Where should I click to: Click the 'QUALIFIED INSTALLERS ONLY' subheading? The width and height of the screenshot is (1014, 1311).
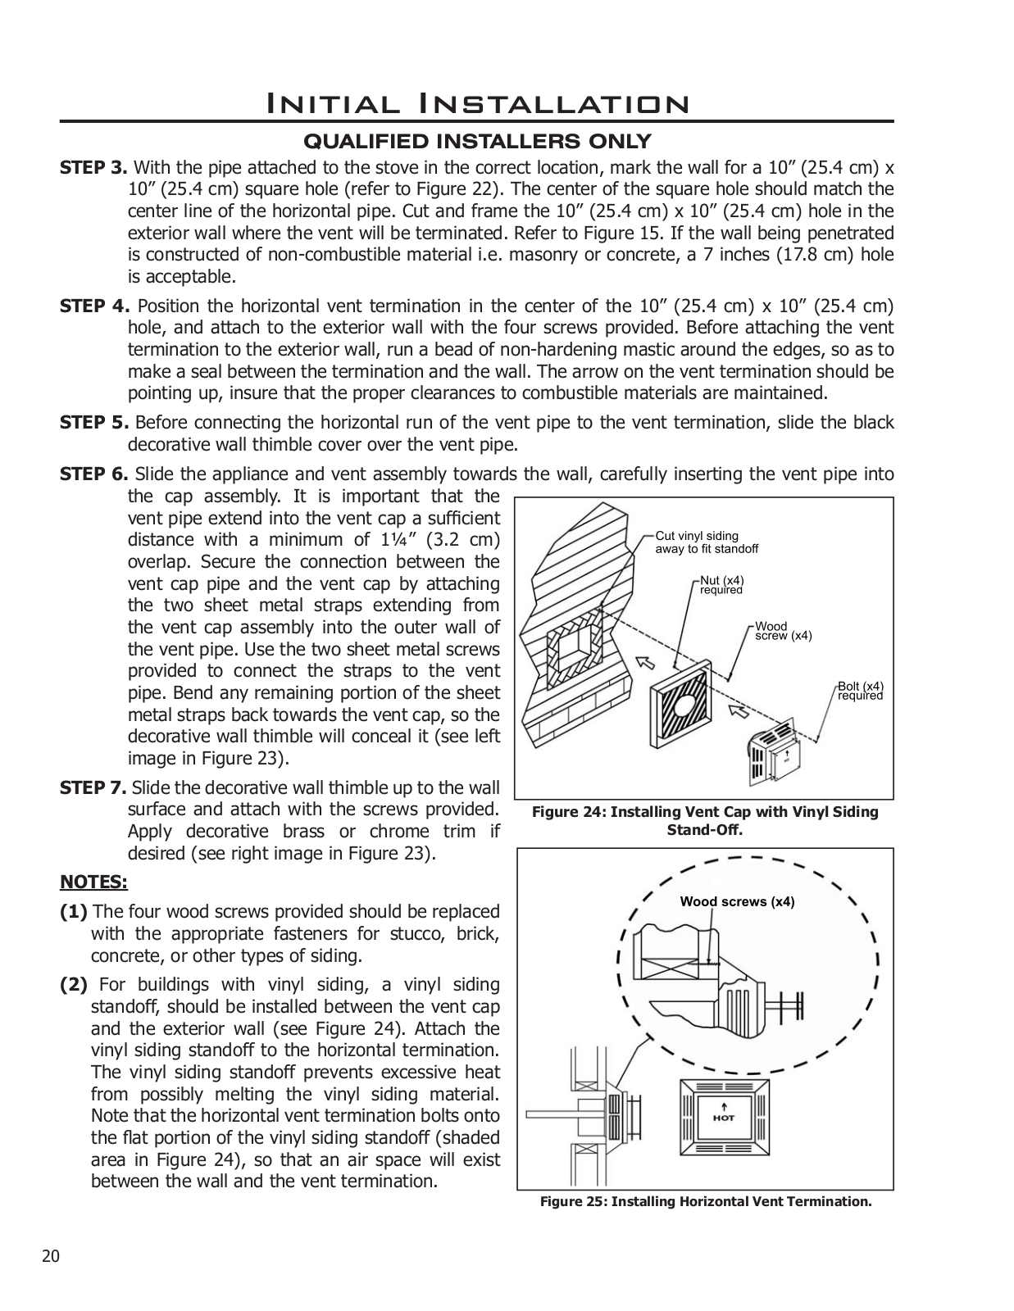[x=477, y=142]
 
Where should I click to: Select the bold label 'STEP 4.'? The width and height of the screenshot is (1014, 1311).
[x=94, y=306]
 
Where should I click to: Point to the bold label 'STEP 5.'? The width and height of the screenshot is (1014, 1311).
[x=94, y=423]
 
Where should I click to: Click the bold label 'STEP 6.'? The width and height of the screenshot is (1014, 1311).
[x=94, y=474]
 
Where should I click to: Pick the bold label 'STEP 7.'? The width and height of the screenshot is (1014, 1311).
[x=93, y=788]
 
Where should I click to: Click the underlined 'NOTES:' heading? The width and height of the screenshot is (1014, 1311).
[x=93, y=882]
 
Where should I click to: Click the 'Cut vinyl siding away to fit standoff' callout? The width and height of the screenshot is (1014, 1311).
[x=706, y=542]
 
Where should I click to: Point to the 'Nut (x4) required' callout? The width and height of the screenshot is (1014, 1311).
[x=721, y=585]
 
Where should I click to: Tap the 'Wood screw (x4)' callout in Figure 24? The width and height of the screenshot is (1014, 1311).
[x=783, y=631]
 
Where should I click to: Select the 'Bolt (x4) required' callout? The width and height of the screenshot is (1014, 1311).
[x=860, y=691]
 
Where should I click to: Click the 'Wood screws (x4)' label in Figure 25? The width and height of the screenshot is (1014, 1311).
[x=737, y=902]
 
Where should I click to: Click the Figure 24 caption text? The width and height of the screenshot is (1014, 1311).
[x=705, y=820]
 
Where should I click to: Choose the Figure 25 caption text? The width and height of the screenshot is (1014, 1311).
[x=705, y=1202]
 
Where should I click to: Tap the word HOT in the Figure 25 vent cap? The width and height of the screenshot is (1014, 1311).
[x=724, y=1118]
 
